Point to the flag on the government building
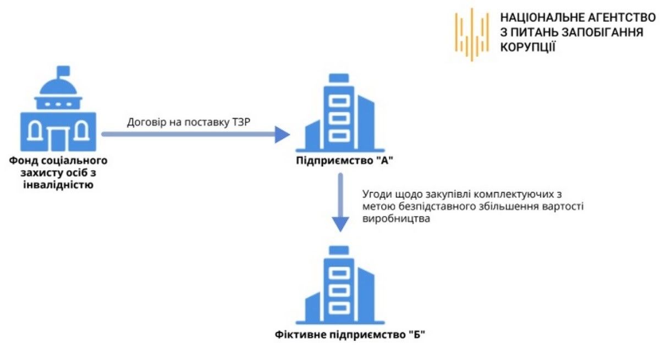64,70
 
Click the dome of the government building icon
58,88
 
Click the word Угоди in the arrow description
376,195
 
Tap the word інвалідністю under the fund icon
58,184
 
